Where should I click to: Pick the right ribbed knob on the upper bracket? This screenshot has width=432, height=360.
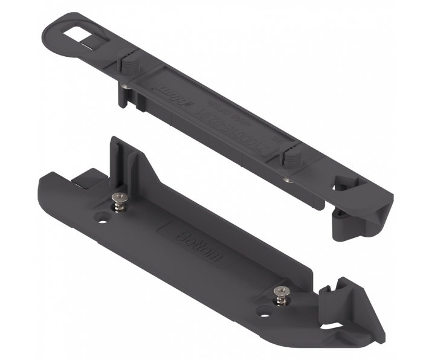tap(291, 159)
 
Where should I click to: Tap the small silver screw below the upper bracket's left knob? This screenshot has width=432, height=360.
tap(124, 86)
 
